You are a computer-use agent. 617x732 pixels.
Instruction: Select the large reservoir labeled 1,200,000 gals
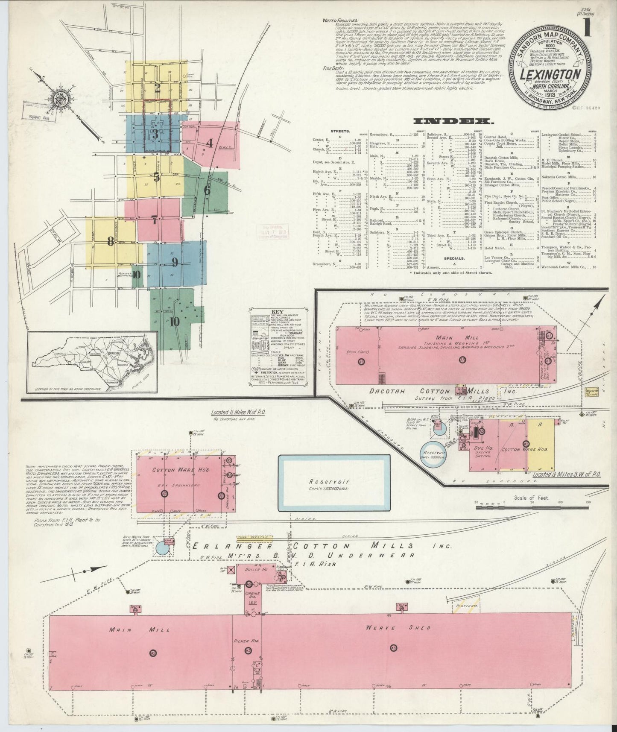pyautogui.click(x=334, y=483)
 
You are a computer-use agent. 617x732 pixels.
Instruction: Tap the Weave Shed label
pyautogui.click(x=398, y=627)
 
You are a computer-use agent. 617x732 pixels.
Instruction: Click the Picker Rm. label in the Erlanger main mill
pyautogui.click(x=244, y=641)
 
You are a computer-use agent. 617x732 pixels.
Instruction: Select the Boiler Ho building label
pyautogui.click(x=256, y=569)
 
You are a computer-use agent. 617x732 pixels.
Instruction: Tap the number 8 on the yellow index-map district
pyautogui.click(x=111, y=242)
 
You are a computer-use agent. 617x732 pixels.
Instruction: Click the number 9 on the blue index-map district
pyautogui.click(x=175, y=262)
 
